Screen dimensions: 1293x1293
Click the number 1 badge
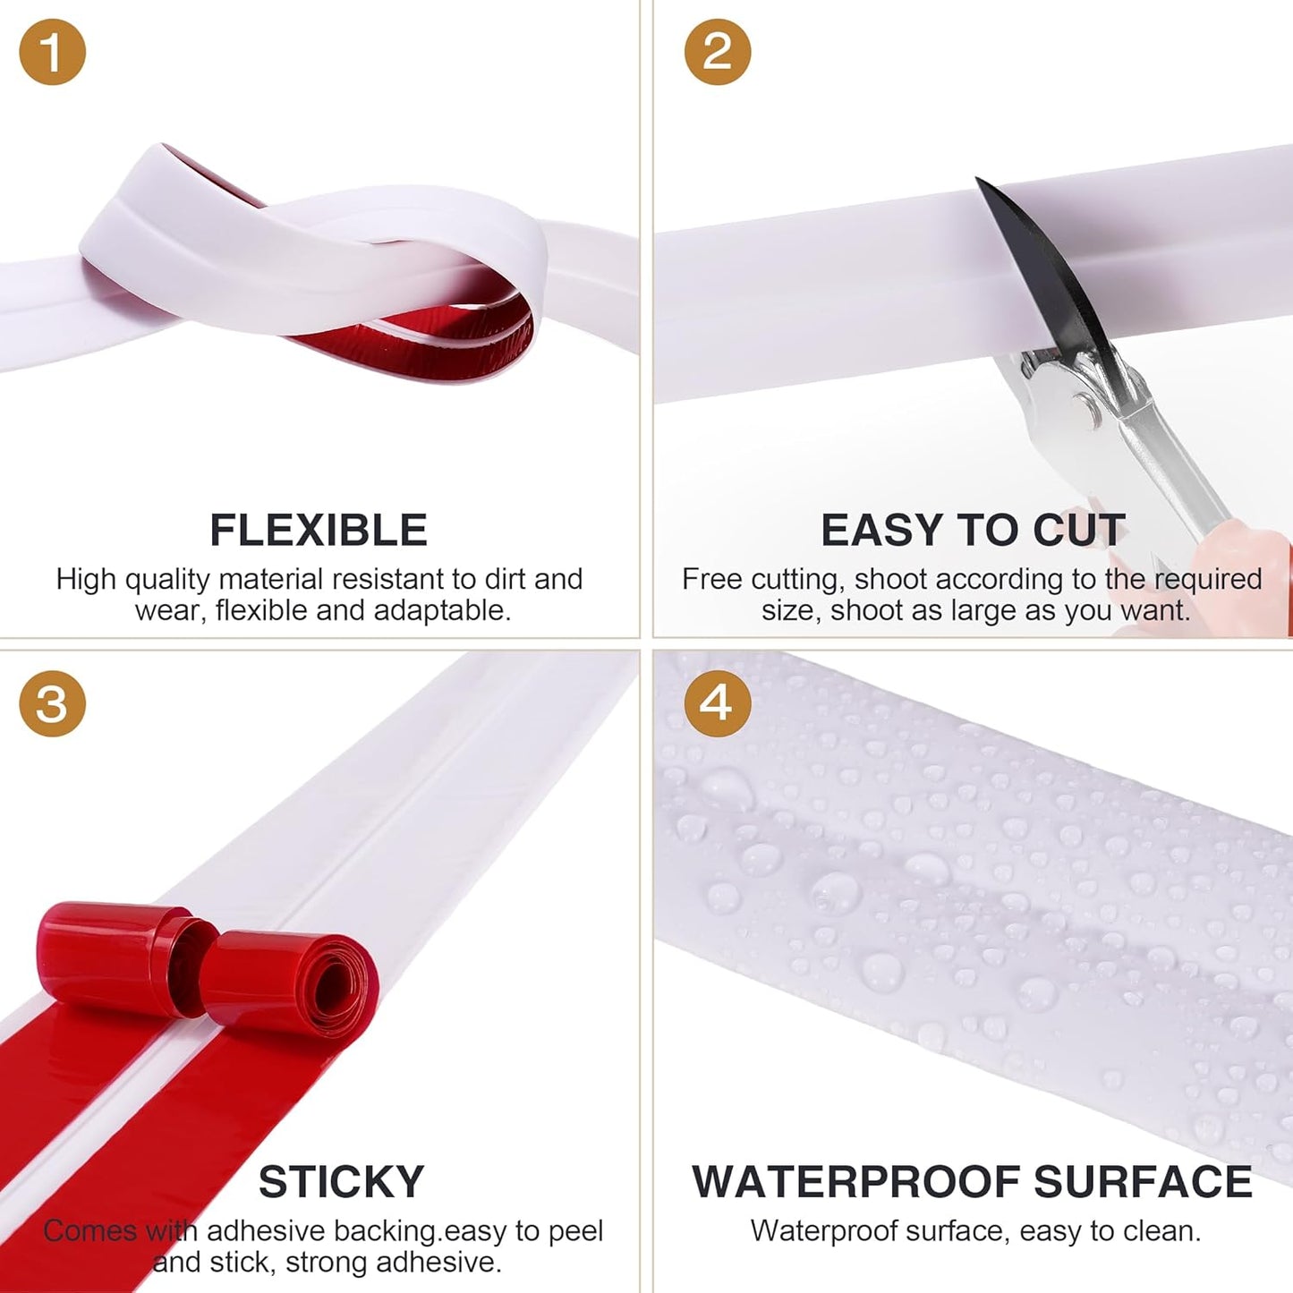pyautogui.click(x=52, y=52)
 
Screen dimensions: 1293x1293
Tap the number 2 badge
pyautogui.click(x=718, y=52)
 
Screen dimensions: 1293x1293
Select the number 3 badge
pyautogui.click(x=52, y=704)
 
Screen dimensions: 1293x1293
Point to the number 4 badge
pyautogui.click(x=718, y=704)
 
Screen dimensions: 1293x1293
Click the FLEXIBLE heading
pyautogui.click(x=319, y=530)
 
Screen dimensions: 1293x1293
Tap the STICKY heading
pyautogui.click(x=341, y=1182)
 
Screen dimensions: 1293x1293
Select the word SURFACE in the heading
pyautogui.click(x=1143, y=1182)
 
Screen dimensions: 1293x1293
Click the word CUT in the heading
pyautogui.click(x=1079, y=530)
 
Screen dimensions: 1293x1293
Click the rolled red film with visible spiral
pyautogui.click(x=289, y=981)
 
